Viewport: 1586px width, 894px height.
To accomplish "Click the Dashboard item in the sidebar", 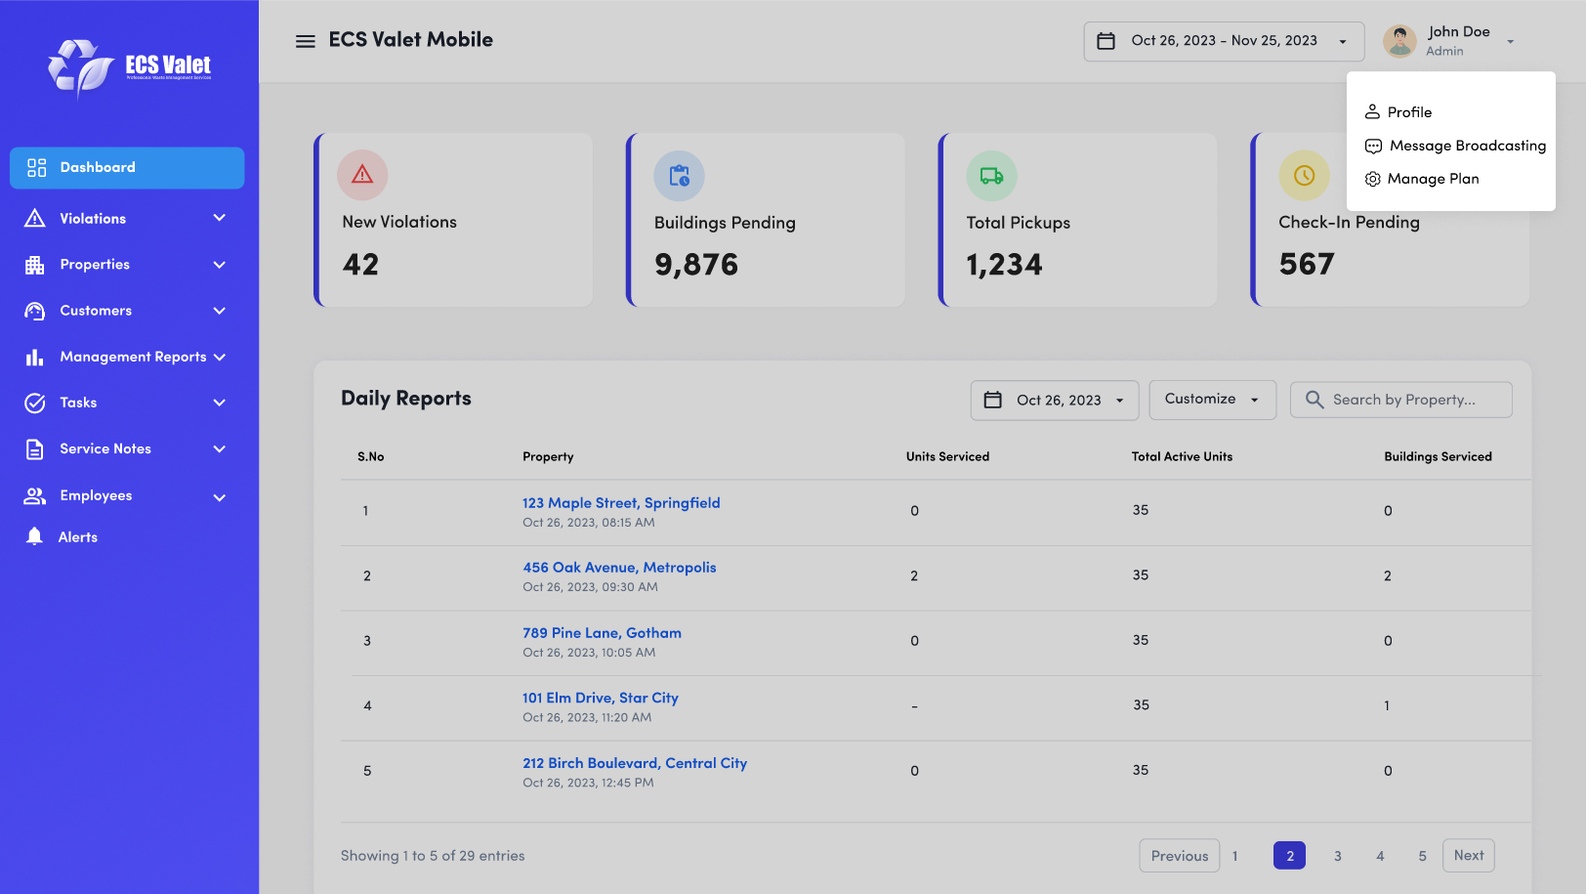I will (x=127, y=168).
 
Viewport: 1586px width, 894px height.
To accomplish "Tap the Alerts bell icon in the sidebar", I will (x=35, y=536).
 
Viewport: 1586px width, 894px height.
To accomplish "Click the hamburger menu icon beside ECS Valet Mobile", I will (x=306, y=41).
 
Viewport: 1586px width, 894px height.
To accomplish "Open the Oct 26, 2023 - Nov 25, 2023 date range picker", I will (x=1224, y=41).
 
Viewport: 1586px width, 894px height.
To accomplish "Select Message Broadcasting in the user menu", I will (x=1467, y=146).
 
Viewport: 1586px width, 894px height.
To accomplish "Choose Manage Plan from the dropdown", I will (x=1433, y=179).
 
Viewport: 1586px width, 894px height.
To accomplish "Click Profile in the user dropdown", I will (x=1409, y=112).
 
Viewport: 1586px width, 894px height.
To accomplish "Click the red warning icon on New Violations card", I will (x=362, y=175).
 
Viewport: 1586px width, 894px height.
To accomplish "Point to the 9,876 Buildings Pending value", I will (x=696, y=265).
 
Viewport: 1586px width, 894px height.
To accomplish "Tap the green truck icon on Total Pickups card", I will (x=991, y=176).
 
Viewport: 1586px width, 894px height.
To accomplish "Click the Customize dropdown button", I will (x=1212, y=400).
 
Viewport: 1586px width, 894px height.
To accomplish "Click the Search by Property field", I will (x=1402, y=400).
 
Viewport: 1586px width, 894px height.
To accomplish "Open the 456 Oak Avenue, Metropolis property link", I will (x=619, y=568).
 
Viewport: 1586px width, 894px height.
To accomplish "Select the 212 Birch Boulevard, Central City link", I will (x=635, y=763).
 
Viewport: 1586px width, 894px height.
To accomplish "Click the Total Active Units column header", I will (x=1182, y=456).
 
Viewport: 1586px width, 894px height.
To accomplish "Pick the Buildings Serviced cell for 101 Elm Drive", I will (x=1387, y=705).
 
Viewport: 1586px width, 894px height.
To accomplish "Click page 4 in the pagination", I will (x=1380, y=856).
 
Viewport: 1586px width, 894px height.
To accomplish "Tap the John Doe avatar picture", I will (x=1399, y=41).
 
